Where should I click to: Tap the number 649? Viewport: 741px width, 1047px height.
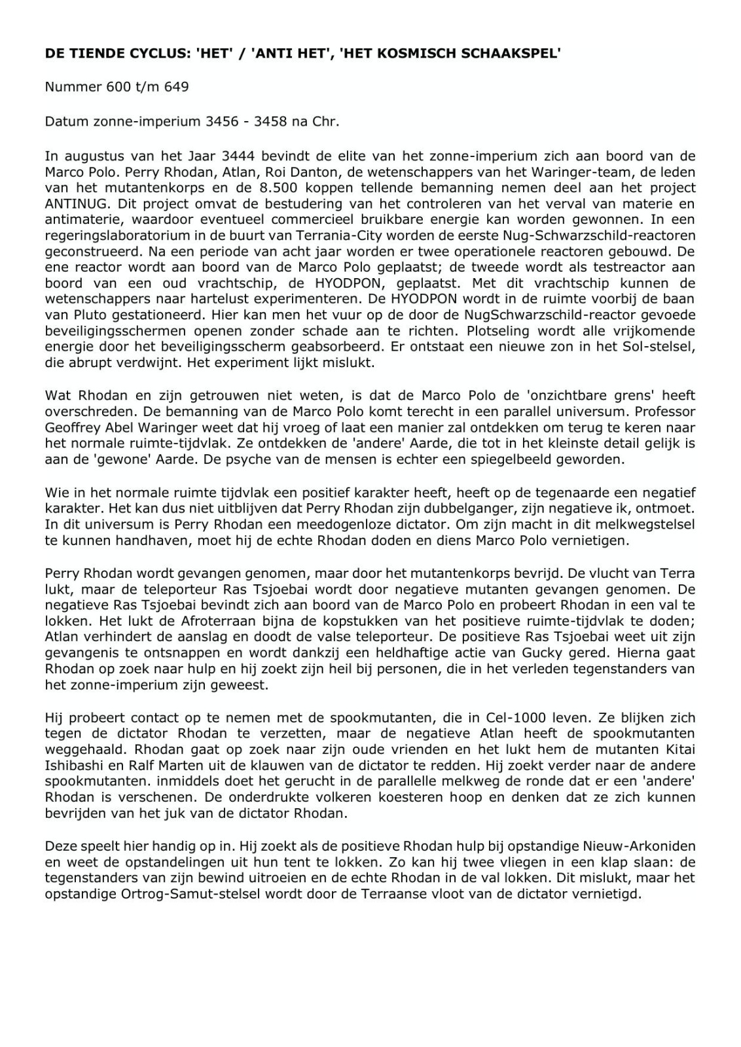pos(177,86)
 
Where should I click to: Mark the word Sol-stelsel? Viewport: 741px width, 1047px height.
pos(657,347)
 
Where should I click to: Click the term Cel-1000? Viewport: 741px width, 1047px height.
pos(513,717)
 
